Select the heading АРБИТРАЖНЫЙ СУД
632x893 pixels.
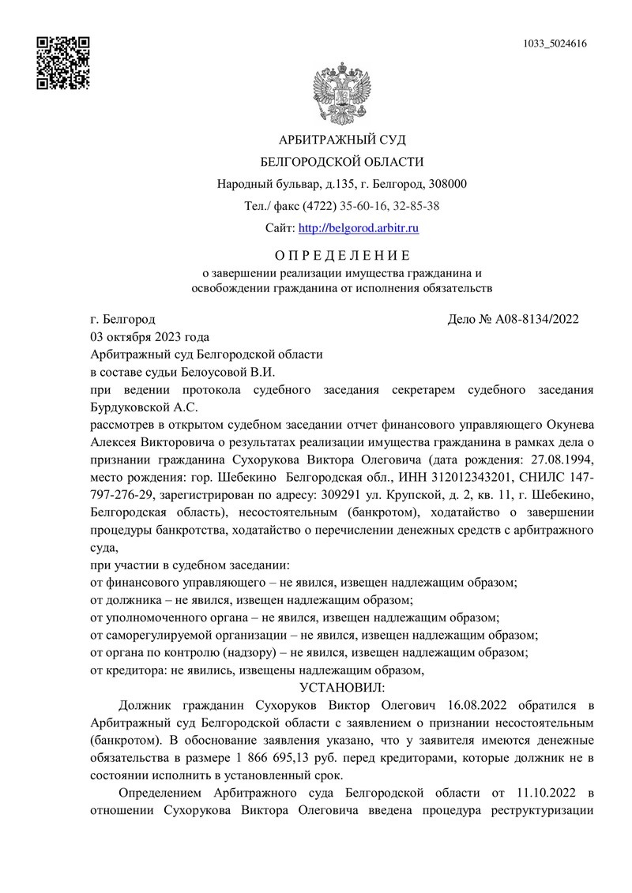[342, 140]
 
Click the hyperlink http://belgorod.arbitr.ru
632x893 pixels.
[358, 228]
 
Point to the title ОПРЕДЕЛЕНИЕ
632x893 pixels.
[342, 255]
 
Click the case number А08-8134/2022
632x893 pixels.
[537, 319]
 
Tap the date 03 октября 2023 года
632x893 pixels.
[150, 337]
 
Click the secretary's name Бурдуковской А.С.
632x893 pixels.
[144, 407]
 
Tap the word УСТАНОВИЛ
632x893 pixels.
[341, 686]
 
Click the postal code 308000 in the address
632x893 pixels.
[446, 185]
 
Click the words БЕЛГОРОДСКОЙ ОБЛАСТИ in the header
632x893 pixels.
[342, 162]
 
